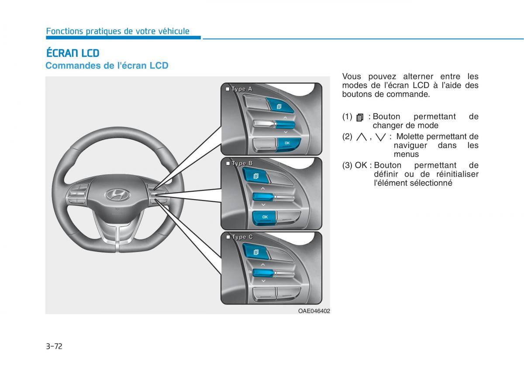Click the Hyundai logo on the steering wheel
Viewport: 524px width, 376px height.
coord(117,194)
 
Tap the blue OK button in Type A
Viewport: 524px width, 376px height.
coord(289,145)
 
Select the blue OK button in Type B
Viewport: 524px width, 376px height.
coord(264,218)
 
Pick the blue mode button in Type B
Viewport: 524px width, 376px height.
coord(255,176)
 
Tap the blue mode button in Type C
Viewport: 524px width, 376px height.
coord(256,252)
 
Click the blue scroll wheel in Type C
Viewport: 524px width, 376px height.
coord(263,273)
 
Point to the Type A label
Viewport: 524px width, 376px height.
coord(239,89)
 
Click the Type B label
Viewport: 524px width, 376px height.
coord(240,163)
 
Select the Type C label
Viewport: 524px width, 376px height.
coord(240,237)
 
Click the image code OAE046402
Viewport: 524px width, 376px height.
coord(314,311)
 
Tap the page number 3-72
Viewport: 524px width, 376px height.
coord(54,346)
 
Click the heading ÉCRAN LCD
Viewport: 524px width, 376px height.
coord(73,53)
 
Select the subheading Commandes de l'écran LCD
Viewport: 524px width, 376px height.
coord(107,66)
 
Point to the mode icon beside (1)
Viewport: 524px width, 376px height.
coord(360,117)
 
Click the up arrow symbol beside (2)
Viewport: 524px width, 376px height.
coord(362,137)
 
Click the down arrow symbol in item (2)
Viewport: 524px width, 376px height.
coord(380,137)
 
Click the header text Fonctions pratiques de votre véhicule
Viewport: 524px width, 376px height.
coord(117,31)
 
